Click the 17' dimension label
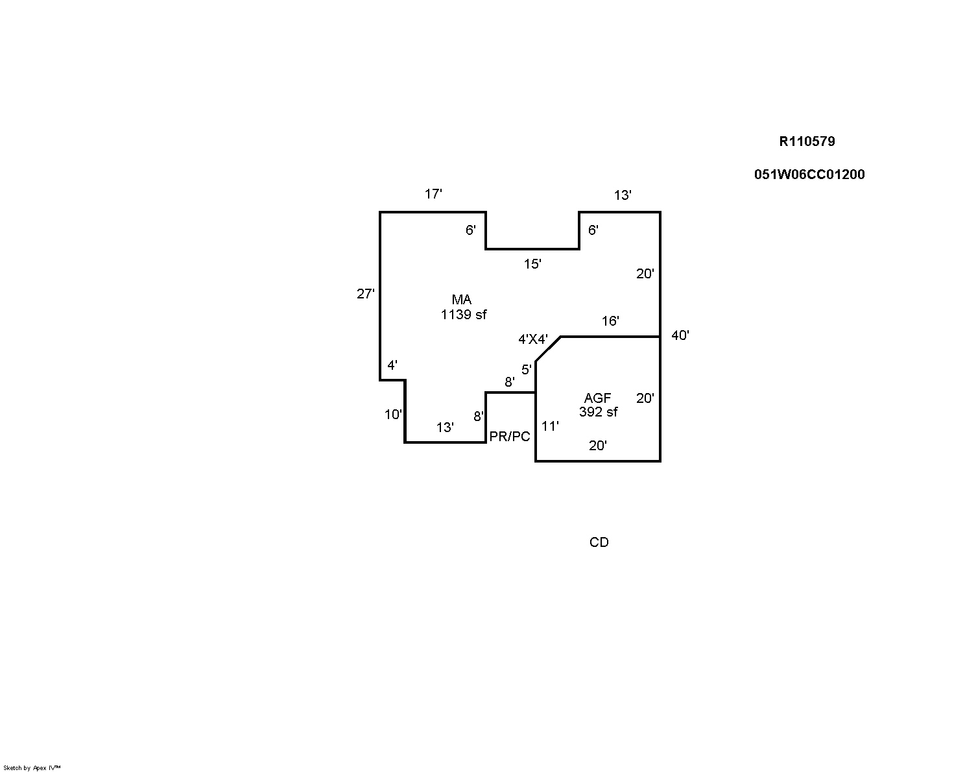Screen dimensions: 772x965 433,193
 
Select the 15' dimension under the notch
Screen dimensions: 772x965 532,264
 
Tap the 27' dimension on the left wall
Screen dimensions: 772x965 366,294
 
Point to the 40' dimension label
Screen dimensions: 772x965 680,335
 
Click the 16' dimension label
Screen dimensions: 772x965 610,320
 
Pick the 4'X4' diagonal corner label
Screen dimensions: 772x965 533,339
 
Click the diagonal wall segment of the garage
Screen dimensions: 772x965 548,349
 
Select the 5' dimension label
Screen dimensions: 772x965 527,370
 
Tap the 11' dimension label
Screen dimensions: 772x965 550,426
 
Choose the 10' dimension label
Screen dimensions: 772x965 393,415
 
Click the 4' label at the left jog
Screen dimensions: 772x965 392,365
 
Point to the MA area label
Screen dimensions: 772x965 462,300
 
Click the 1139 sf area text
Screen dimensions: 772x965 464,315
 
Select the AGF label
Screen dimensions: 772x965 597,398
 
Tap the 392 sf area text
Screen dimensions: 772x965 598,412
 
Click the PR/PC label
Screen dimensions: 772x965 510,437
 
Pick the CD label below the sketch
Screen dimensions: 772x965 599,542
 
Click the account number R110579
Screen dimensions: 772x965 807,141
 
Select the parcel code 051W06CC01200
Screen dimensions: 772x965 809,175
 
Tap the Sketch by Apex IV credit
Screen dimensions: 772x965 32,767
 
